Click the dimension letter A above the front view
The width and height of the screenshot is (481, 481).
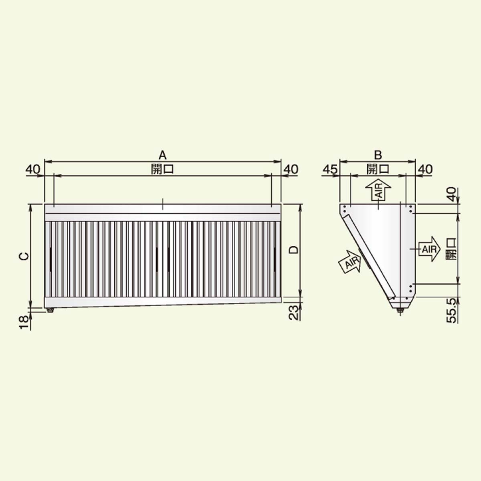coord(162,156)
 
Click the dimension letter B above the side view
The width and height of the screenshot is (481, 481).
coord(378,156)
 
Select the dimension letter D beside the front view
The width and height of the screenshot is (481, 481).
coord(294,250)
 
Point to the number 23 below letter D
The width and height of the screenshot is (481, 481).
coord(294,313)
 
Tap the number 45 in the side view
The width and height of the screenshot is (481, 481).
coord(330,170)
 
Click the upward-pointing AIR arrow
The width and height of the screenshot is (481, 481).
coord(378,190)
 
